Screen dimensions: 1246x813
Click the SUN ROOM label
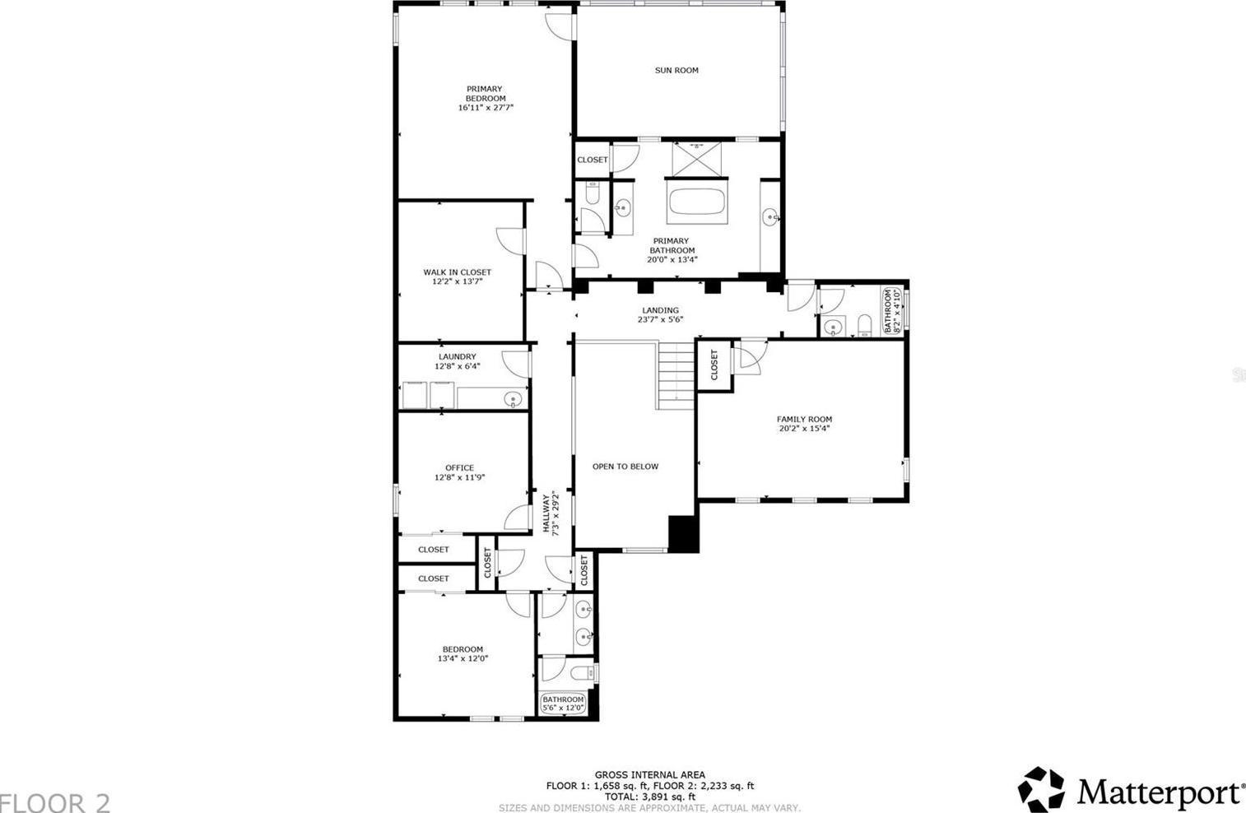(676, 70)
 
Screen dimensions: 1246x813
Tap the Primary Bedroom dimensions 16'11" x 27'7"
(485, 108)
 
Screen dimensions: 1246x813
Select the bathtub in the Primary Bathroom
(696, 202)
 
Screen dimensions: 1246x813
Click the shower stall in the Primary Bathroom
(696, 160)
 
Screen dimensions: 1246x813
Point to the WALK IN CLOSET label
(458, 272)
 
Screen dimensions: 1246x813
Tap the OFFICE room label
(459, 467)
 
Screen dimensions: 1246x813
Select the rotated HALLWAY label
(546, 514)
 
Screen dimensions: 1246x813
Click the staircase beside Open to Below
(676, 376)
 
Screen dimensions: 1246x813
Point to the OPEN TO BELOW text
(625, 467)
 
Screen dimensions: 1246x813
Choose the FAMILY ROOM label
(804, 420)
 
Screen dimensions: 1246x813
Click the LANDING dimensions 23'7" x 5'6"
(660, 320)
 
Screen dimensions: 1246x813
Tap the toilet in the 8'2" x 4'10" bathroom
(864, 325)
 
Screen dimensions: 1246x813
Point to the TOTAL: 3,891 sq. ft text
(649, 797)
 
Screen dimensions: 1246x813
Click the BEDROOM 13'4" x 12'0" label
(463, 653)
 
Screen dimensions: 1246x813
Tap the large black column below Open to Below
(683, 534)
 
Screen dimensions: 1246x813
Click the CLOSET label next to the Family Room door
(714, 365)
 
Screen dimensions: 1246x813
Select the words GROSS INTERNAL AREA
(649, 774)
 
